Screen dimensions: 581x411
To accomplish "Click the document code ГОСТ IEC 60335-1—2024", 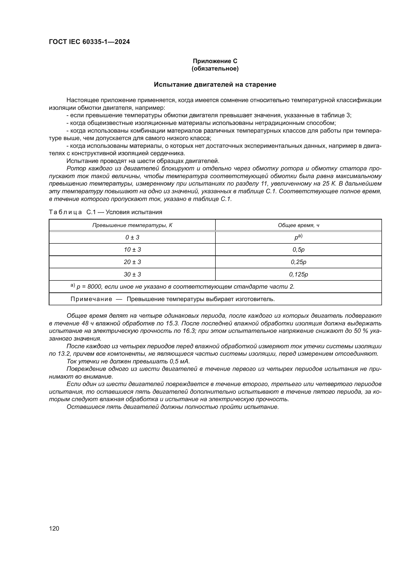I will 89,42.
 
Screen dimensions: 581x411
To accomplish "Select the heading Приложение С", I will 215,61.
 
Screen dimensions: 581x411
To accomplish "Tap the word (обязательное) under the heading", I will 215,69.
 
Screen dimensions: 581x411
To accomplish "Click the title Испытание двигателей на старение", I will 215,84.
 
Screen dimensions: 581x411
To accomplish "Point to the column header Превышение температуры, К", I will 132,225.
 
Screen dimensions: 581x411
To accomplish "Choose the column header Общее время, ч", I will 298,225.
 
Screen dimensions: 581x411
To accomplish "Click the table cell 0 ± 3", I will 132,237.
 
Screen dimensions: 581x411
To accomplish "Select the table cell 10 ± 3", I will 132,249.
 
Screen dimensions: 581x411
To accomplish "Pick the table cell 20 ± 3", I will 132,262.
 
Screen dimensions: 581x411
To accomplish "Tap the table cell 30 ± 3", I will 132,274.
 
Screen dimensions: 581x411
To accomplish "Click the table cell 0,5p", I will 298,249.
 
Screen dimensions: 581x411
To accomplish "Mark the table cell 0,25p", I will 298,262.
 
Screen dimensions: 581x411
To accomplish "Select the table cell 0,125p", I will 298,274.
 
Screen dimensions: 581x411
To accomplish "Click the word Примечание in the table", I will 91,299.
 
